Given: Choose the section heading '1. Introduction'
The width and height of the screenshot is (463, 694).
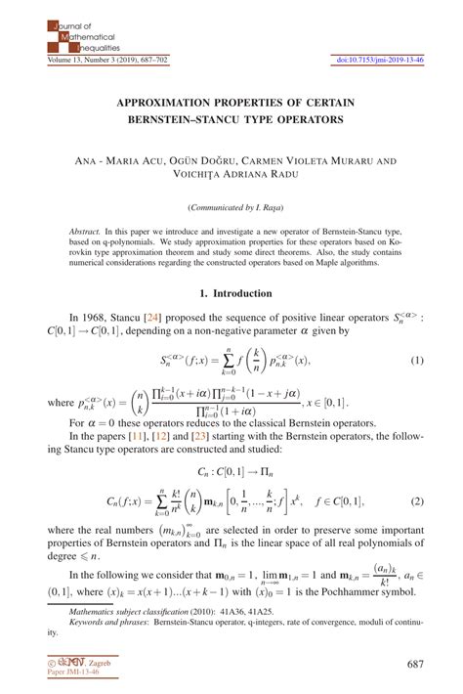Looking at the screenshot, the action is pyautogui.click(x=231, y=293).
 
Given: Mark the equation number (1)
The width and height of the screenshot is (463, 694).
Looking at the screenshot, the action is pyautogui.click(x=415, y=362).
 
